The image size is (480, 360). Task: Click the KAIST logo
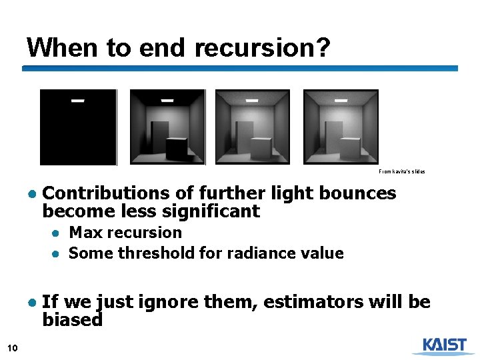pos(439,345)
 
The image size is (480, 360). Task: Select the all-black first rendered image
pos(78,127)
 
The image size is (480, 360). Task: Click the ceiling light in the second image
pos(167,101)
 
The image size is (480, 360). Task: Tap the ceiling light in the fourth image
pos(341,100)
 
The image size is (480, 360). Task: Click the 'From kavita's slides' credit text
pos(401,171)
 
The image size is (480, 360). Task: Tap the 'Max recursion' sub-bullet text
pos(125,233)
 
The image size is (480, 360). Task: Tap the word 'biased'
pos(72,320)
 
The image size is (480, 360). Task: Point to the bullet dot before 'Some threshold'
pos(59,254)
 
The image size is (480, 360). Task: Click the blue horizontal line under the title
pos(240,68)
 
